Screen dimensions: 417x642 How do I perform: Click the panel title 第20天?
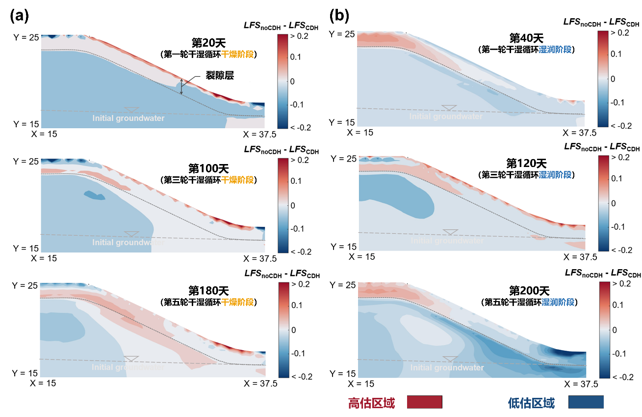[x=208, y=43]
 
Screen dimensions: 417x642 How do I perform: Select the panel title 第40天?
[x=526, y=38]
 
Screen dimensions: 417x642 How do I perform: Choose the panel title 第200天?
[x=529, y=291]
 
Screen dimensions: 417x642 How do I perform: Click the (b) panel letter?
[x=339, y=16]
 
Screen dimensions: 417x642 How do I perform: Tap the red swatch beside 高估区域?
[x=424, y=402]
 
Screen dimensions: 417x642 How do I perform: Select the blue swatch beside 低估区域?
[x=586, y=402]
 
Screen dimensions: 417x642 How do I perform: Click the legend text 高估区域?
[x=371, y=403]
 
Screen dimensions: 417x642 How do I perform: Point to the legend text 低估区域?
[x=531, y=403]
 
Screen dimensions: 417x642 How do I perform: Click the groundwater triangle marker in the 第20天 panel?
[x=131, y=110]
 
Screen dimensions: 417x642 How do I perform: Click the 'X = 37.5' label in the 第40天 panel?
[x=580, y=133]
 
